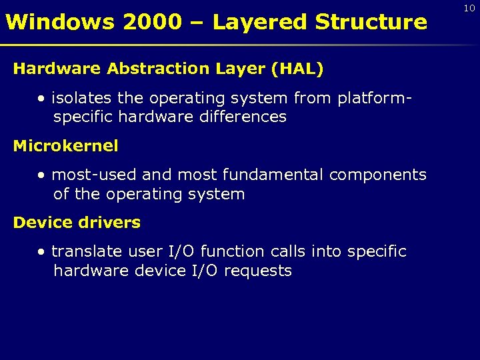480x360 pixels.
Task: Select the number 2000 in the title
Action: (x=152, y=22)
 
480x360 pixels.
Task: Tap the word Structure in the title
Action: (x=371, y=22)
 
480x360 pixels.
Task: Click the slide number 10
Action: (x=469, y=7)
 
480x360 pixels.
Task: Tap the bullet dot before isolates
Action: (x=42, y=99)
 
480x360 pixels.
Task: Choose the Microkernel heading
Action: (x=65, y=146)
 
